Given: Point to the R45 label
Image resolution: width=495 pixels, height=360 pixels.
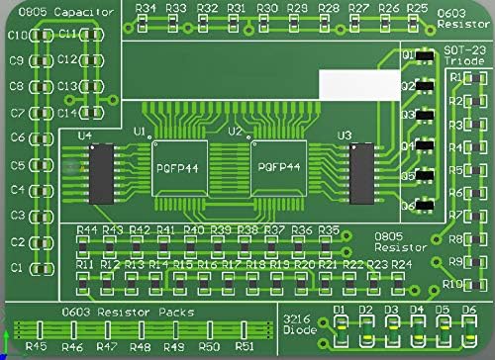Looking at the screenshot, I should coord(37,347).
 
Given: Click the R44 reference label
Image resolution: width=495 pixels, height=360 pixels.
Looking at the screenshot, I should coord(86,230).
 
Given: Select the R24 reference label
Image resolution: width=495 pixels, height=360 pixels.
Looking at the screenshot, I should coord(401,265).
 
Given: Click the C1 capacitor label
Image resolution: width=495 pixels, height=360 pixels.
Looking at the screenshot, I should coord(16,268).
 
